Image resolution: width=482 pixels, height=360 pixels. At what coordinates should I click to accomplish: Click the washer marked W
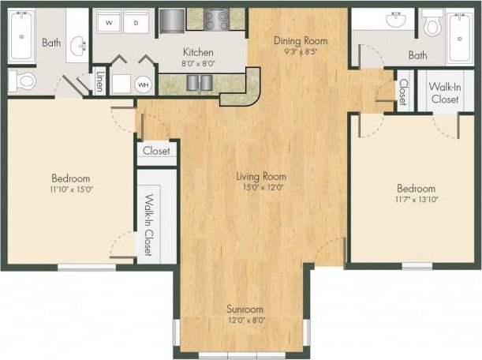[x=109, y=23]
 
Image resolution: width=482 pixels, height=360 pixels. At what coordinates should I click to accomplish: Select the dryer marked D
[x=136, y=23]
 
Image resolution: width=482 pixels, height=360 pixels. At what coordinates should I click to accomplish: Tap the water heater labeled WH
[x=143, y=83]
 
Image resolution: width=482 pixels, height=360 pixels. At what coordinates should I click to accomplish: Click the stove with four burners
[x=216, y=20]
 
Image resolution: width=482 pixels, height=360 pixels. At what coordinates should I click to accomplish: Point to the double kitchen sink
[x=199, y=82]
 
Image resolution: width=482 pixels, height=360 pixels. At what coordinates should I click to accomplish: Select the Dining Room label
[x=300, y=40]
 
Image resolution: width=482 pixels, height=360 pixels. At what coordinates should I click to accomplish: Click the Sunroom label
[x=245, y=309]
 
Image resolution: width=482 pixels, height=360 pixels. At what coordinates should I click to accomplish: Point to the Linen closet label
[x=99, y=81]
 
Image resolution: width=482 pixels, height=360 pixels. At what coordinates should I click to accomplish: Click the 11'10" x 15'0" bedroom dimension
[x=71, y=189]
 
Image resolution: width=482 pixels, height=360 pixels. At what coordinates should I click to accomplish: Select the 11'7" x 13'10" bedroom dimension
[x=416, y=201]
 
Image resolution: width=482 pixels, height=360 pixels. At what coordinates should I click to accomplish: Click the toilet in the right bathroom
[x=432, y=26]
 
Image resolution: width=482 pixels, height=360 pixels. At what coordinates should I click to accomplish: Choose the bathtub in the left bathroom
[x=21, y=35]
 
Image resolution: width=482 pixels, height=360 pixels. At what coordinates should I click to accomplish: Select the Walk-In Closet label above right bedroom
[x=445, y=93]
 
